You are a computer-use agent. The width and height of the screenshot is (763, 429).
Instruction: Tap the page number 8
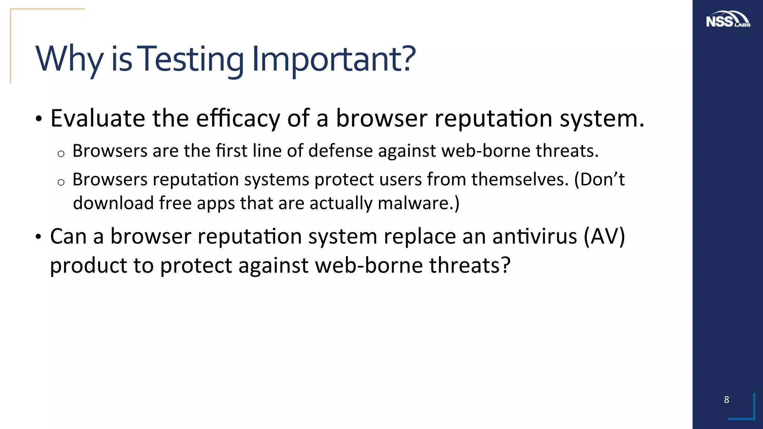click(x=726, y=400)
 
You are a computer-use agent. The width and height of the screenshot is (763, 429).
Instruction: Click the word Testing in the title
click(x=191, y=59)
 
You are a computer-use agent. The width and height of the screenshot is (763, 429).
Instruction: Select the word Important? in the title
click(x=333, y=59)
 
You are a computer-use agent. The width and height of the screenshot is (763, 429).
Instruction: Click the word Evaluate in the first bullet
click(x=98, y=118)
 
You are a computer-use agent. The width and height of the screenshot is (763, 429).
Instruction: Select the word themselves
click(x=520, y=179)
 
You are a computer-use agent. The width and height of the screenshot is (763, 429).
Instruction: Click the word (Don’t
click(x=599, y=179)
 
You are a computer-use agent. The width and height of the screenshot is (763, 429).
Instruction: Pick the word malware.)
click(x=418, y=203)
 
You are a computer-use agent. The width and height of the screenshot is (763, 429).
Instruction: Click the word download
click(x=113, y=203)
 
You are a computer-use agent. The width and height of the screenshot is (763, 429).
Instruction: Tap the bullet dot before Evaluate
click(x=38, y=120)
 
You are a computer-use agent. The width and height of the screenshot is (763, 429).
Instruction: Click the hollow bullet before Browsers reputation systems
click(x=61, y=182)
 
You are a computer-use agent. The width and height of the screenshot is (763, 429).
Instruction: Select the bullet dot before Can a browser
click(x=38, y=237)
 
